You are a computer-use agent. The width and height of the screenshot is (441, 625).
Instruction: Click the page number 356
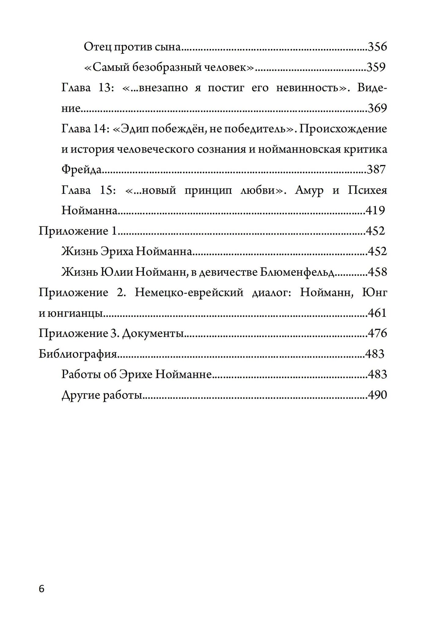coord(377,47)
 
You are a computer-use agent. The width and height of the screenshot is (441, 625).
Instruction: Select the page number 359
coord(376,67)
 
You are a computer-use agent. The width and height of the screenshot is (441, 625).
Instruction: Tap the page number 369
coord(377,108)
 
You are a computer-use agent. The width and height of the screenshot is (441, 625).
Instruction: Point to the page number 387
coord(376,169)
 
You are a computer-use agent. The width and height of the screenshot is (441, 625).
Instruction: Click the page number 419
coord(375,211)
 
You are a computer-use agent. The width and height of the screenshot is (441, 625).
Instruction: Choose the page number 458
coord(377,272)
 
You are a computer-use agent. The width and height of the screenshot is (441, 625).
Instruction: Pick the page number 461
coord(377,313)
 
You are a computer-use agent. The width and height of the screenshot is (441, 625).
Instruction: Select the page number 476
coord(377,333)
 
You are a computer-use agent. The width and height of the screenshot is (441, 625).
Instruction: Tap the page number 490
coord(377,395)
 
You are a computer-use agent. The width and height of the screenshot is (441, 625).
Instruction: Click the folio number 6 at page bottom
coord(42,589)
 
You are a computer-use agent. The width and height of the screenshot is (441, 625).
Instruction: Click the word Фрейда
coord(82,170)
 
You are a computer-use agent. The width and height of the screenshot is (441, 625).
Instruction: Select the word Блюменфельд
coord(297,272)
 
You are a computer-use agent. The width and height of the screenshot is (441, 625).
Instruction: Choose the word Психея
coord(367,190)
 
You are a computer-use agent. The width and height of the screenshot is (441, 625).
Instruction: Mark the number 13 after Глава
coord(104,88)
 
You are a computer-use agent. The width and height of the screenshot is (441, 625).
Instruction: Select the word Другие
coord(81,395)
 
